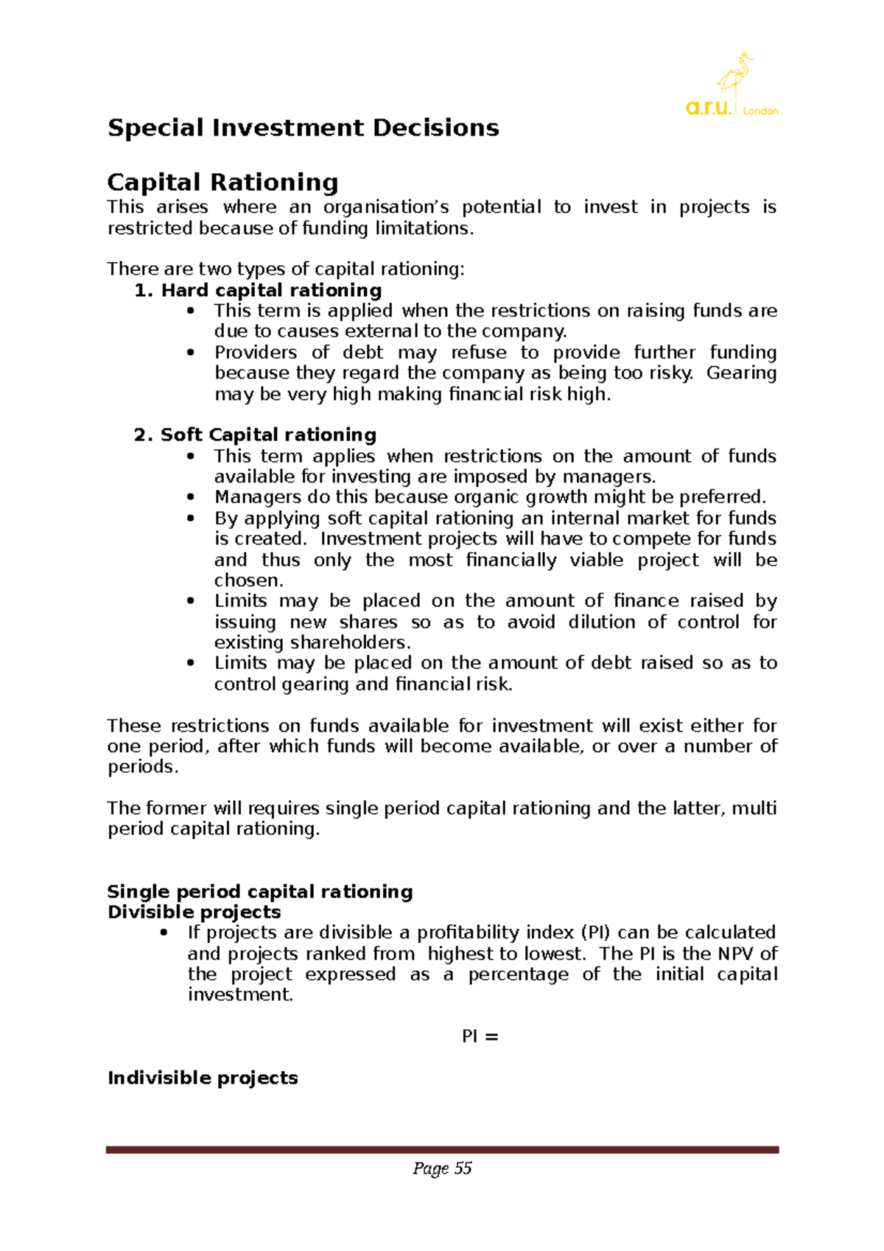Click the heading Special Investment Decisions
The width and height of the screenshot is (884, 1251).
point(303,128)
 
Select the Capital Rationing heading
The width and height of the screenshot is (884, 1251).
point(222,182)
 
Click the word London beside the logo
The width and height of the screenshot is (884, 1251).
point(760,111)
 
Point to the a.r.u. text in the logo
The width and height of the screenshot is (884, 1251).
point(707,108)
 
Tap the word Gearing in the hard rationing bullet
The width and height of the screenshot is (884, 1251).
point(741,373)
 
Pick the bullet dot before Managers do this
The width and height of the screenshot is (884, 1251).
point(191,497)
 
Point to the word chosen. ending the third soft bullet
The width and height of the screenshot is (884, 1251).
point(248,581)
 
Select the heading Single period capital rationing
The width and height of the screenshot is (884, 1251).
point(260,891)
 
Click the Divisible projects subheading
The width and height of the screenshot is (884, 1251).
point(194,912)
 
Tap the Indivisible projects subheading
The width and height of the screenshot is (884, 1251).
point(203,1078)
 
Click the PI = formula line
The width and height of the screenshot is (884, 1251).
point(480,1037)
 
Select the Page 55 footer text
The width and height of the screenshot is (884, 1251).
point(442,1168)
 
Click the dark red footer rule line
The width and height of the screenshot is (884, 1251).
point(442,1149)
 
